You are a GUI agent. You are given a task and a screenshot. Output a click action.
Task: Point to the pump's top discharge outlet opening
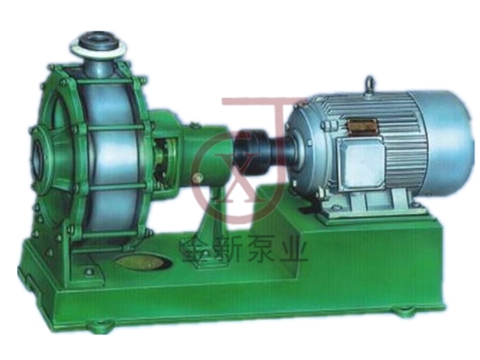point(99,41)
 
